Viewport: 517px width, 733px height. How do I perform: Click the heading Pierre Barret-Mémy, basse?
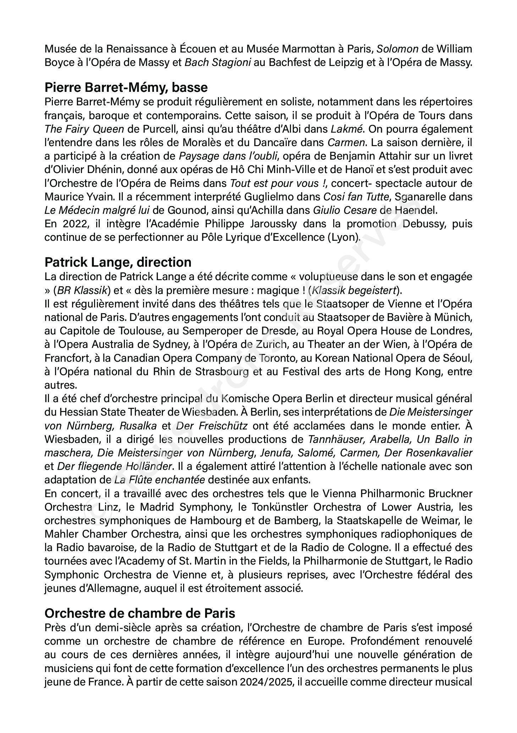(x=126, y=87)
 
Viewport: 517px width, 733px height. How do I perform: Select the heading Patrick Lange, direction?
(x=118, y=262)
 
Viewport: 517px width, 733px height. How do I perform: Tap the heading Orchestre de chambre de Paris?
(x=140, y=613)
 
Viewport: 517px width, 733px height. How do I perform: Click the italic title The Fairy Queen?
(x=84, y=129)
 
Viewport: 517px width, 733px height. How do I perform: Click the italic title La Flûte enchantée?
(x=159, y=480)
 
